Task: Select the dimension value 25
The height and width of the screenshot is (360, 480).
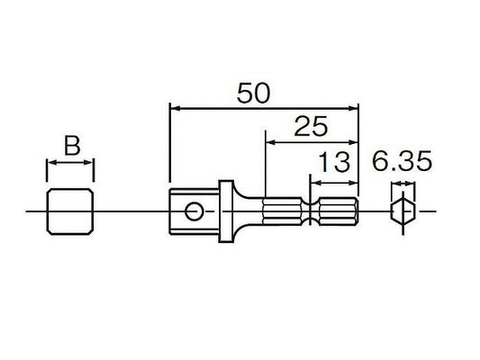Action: pos(308,127)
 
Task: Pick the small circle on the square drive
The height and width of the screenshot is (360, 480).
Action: pos(192,212)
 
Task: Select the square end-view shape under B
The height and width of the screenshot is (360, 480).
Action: pos(70,211)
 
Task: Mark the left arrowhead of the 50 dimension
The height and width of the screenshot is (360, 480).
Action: pos(173,107)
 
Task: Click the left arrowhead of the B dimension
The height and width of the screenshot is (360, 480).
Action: pos(50,163)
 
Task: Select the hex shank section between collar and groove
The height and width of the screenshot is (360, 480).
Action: pos(284,212)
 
